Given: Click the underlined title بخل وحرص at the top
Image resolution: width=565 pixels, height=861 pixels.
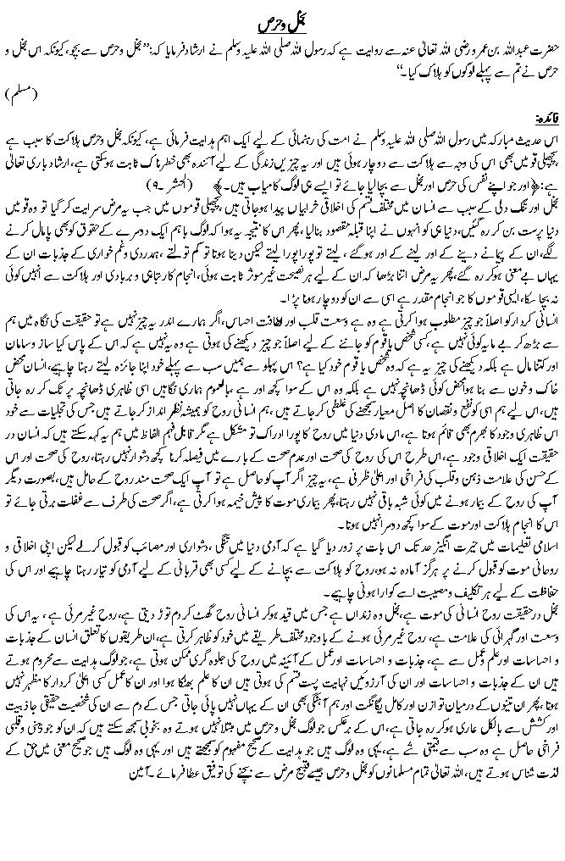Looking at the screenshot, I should tap(283, 17).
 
